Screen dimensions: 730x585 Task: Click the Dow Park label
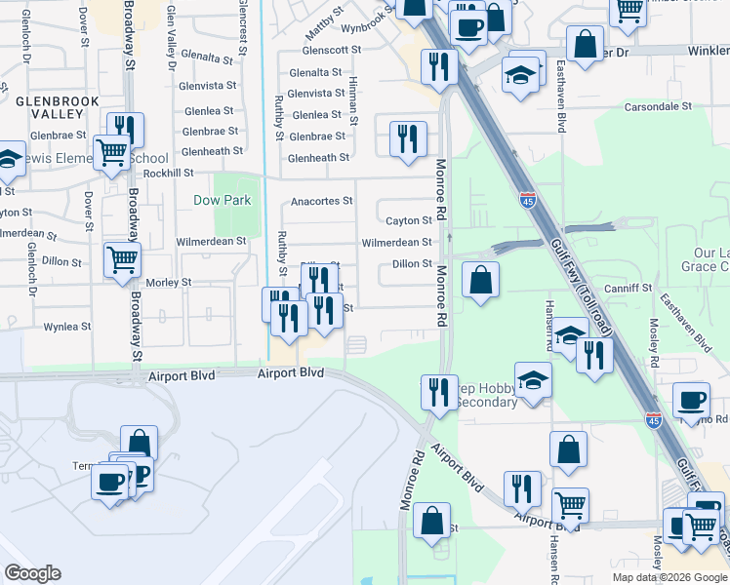point(222,200)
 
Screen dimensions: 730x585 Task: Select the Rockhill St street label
point(168,173)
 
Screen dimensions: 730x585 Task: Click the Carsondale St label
point(658,105)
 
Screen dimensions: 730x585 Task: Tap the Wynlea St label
point(67,327)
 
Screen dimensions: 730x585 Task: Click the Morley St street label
point(168,282)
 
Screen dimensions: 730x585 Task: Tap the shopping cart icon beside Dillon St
point(123,259)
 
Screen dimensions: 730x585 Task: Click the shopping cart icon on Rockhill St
point(112,151)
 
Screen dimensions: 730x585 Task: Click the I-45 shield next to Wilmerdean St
point(527,200)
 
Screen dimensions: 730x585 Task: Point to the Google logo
point(32,573)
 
